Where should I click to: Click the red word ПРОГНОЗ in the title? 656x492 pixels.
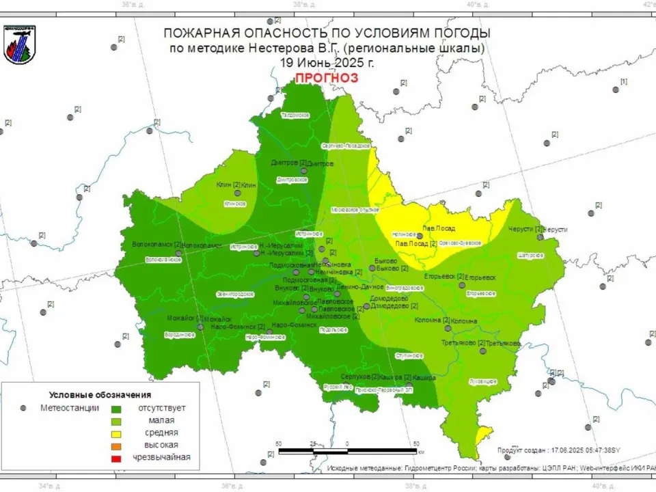point(326,78)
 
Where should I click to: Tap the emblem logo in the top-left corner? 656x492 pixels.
point(19,44)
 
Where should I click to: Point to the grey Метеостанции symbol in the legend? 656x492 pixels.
point(23,408)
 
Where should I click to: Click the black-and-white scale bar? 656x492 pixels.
point(348,452)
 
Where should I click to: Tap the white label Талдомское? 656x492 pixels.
point(296,115)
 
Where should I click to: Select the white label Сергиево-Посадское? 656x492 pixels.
point(346,146)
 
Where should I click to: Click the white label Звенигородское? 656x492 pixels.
point(235,294)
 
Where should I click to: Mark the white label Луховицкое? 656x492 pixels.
point(483,381)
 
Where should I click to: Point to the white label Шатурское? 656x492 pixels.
point(531,255)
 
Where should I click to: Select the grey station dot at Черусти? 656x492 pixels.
point(540,236)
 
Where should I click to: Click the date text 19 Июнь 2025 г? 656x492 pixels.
point(327,62)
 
